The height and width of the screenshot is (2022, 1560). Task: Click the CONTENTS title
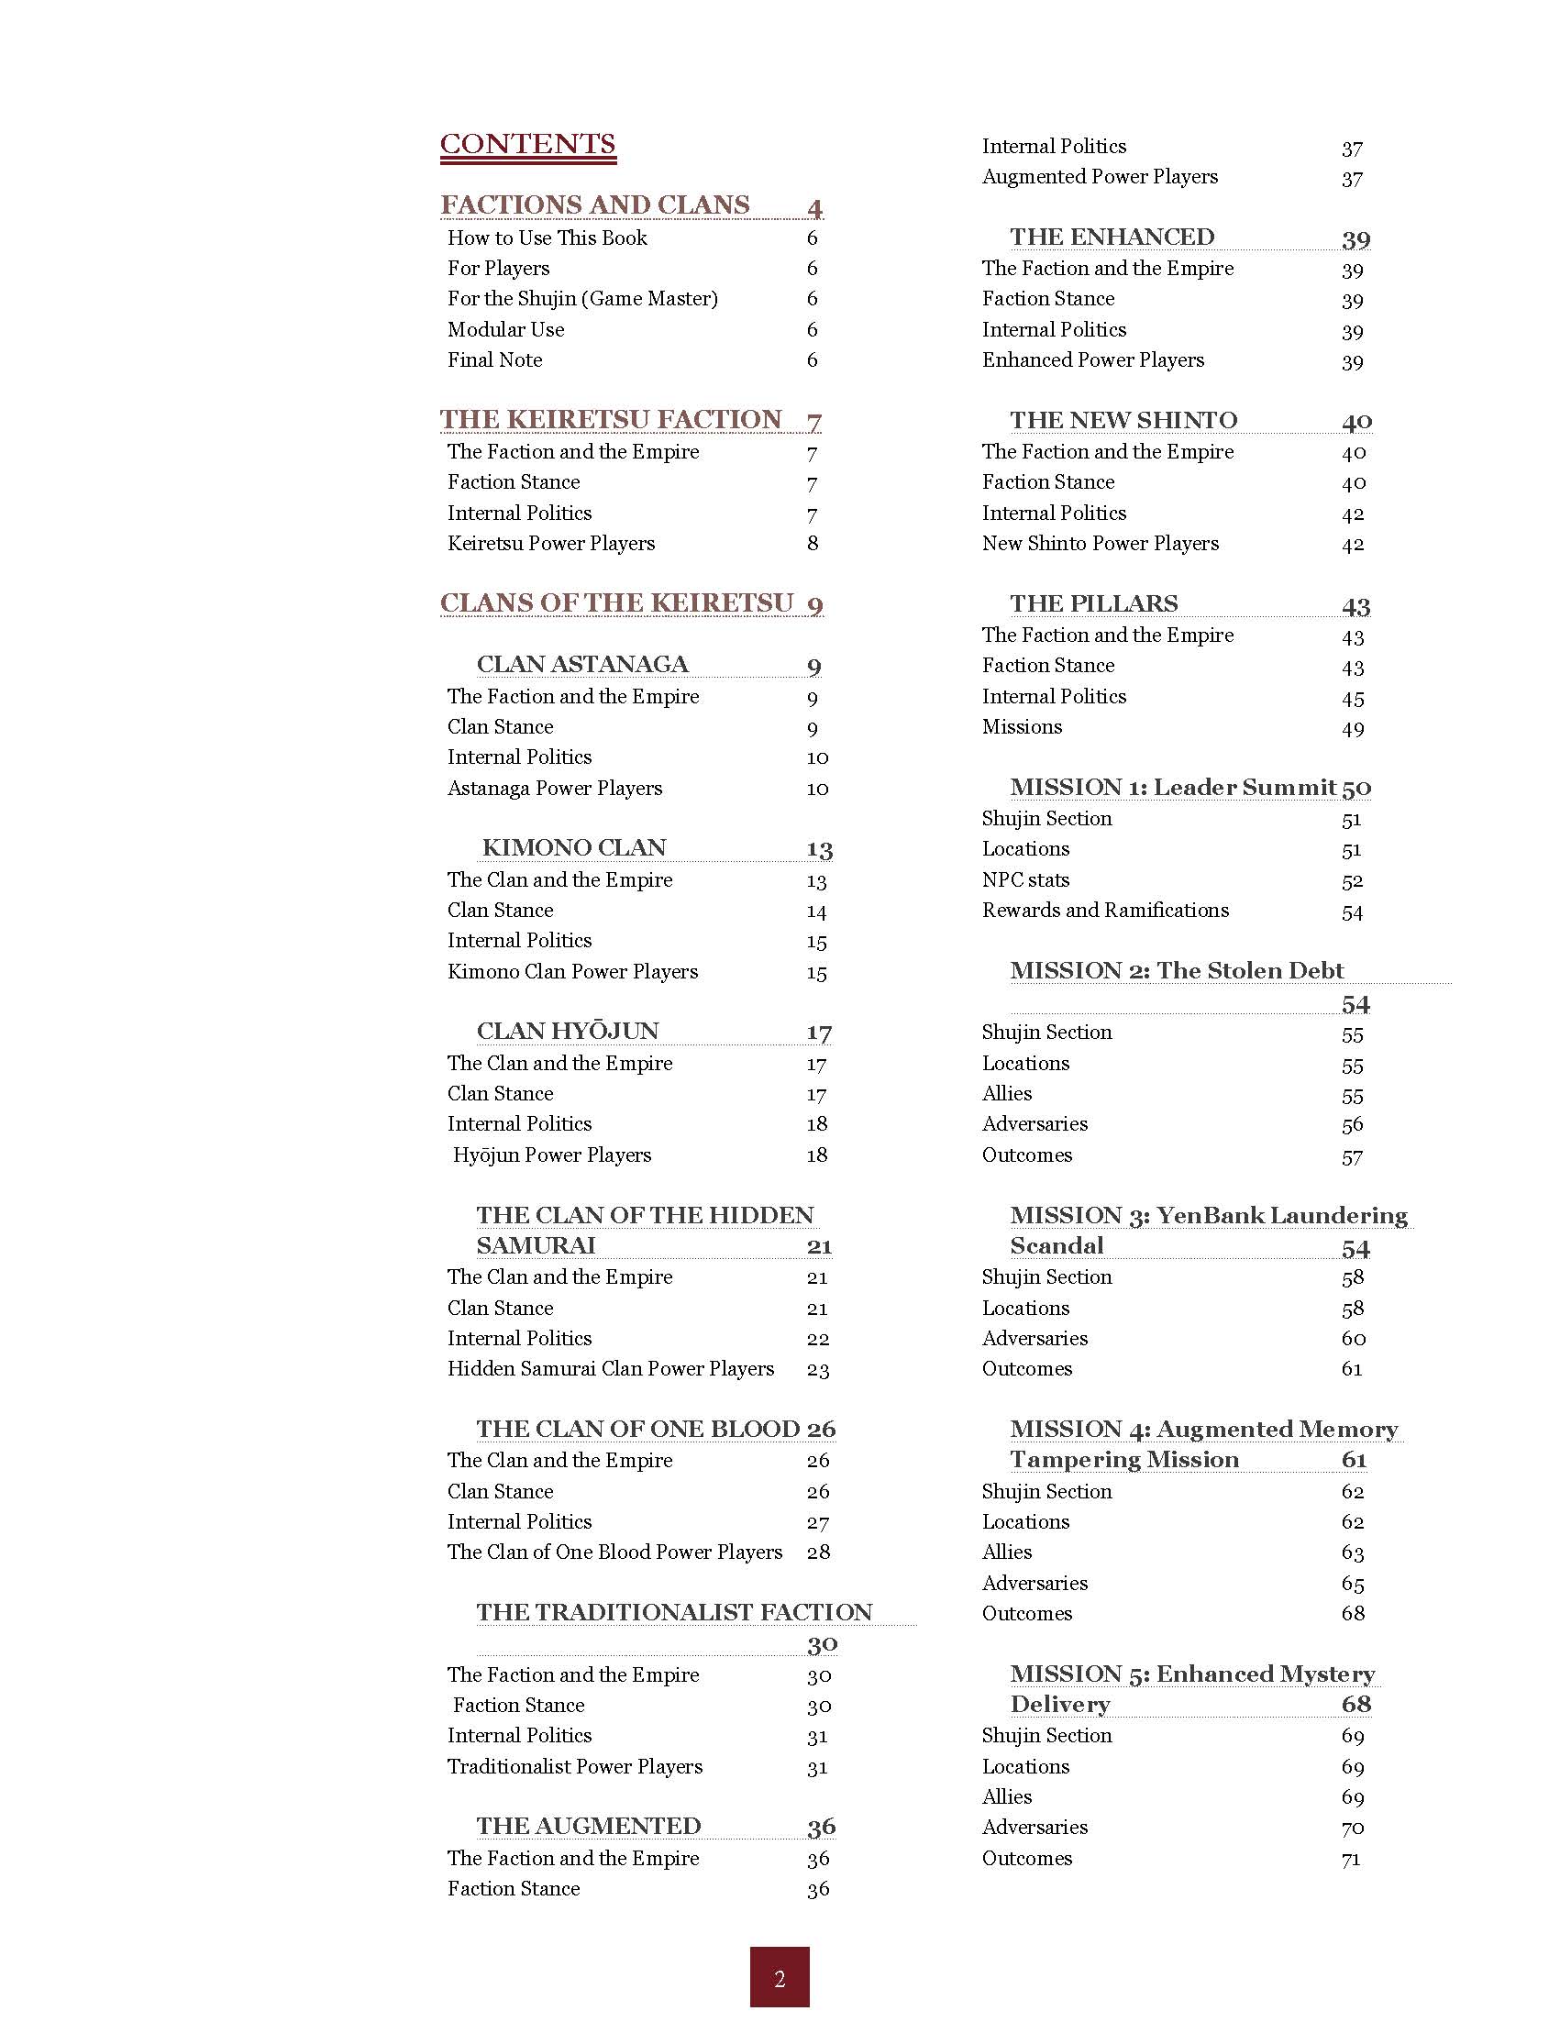click(527, 145)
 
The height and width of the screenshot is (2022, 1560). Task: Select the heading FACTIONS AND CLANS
click(594, 204)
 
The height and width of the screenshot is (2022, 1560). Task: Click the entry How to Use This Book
click(548, 238)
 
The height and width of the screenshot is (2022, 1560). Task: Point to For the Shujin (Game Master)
click(582, 298)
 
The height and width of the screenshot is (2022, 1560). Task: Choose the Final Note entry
click(494, 359)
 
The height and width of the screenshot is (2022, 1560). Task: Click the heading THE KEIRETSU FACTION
click(611, 419)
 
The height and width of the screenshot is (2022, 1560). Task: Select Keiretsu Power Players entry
click(551, 544)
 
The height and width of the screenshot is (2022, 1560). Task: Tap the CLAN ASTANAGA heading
click(582, 664)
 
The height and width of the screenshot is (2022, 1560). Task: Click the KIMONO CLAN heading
click(574, 847)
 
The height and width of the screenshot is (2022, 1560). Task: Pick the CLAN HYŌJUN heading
click(568, 1031)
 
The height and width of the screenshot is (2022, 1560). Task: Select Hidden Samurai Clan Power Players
click(610, 1368)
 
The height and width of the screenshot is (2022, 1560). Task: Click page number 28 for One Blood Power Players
click(818, 1552)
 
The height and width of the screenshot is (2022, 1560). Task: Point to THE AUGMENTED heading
click(589, 1826)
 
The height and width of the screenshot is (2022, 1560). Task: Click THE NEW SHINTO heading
click(1123, 419)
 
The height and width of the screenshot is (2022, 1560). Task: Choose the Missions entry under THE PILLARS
click(1022, 727)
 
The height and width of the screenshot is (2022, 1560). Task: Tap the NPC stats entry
click(1026, 879)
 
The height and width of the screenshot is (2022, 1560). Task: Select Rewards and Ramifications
click(1105, 910)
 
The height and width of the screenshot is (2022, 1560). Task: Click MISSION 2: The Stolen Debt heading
click(1177, 970)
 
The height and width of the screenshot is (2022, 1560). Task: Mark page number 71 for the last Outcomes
click(1352, 1858)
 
